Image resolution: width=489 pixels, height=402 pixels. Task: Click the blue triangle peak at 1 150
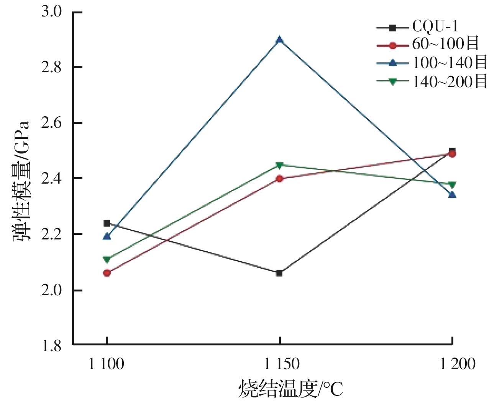click(280, 40)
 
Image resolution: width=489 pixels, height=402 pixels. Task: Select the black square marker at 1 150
click(279, 273)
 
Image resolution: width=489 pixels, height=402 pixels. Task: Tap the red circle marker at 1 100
click(107, 273)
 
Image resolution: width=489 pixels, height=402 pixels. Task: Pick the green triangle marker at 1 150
click(279, 165)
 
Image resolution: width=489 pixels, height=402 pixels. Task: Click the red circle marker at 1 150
click(279, 179)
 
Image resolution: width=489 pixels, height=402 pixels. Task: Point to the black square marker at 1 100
click(107, 223)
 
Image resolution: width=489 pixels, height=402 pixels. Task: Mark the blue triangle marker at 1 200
click(452, 195)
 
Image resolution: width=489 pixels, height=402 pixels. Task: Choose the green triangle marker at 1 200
click(452, 185)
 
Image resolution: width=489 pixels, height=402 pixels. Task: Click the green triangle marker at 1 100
click(107, 260)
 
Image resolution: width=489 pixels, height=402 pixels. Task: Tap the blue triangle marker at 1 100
click(107, 236)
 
